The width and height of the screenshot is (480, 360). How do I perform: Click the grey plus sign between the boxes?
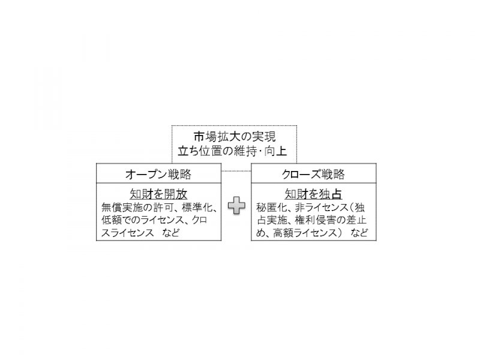(236, 205)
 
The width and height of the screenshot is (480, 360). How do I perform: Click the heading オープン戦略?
(158, 174)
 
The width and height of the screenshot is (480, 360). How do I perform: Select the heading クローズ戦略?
(313, 174)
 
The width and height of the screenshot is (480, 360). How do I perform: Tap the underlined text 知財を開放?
(158, 194)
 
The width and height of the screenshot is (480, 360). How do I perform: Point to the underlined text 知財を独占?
(313, 194)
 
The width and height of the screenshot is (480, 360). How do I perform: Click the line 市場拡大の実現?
(235, 137)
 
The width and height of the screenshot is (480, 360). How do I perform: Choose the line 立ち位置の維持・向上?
(232, 151)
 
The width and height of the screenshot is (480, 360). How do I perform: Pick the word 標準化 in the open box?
(197, 208)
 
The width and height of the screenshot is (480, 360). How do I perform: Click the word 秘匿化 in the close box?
(272, 208)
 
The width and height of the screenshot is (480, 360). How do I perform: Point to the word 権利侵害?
(316, 220)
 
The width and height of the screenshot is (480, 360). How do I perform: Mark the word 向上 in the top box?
(276, 151)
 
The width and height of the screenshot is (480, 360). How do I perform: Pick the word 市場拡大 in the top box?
(217, 137)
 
